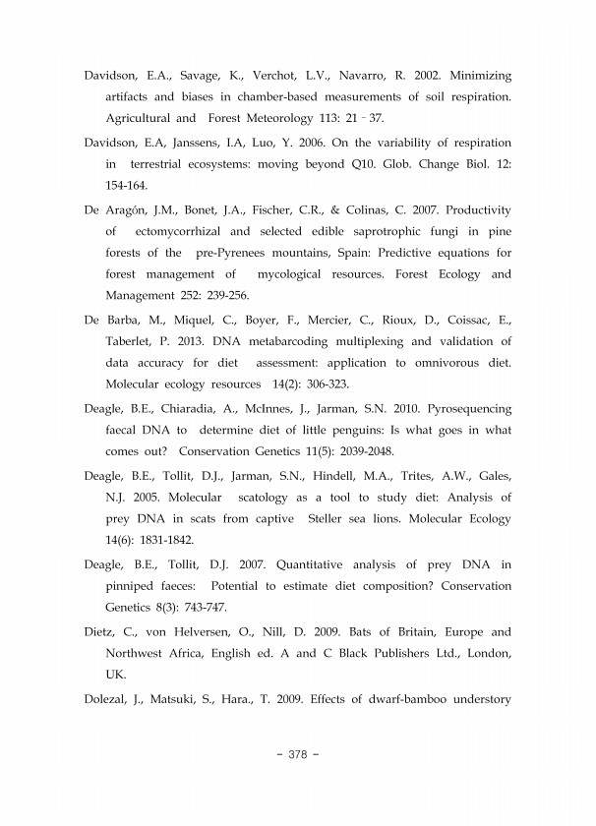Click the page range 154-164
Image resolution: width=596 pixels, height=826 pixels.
[129, 185]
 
